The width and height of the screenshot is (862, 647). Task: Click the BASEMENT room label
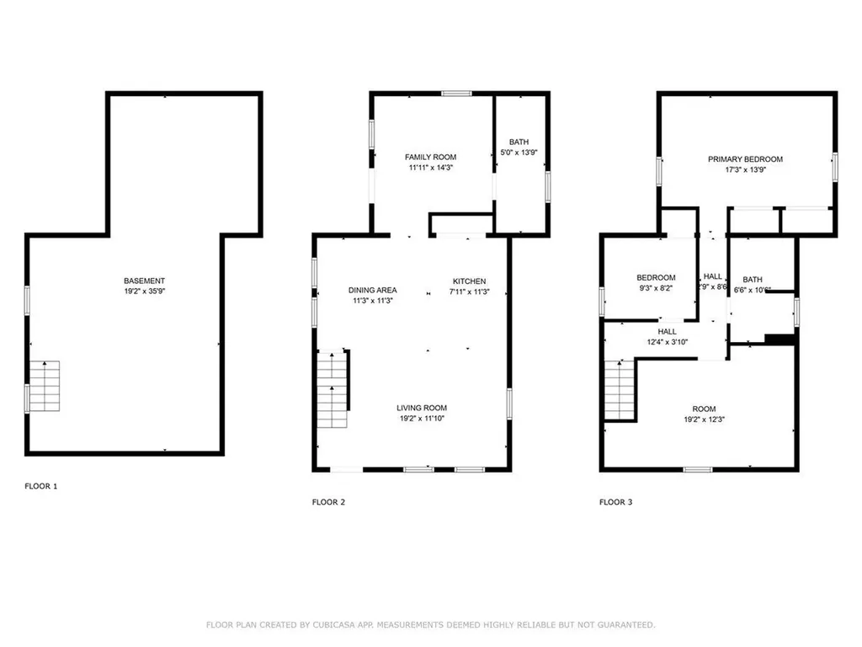pyautogui.click(x=144, y=281)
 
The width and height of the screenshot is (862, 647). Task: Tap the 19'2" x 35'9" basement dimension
pyautogui.click(x=144, y=291)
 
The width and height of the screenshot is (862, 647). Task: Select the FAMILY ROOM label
pyautogui.click(x=430, y=158)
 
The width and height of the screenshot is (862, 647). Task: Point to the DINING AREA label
pyautogui.click(x=372, y=291)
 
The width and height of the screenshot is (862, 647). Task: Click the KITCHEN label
pyautogui.click(x=469, y=281)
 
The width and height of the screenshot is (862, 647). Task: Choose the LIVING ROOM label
pyautogui.click(x=422, y=409)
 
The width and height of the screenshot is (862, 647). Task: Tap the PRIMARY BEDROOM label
pyautogui.click(x=745, y=159)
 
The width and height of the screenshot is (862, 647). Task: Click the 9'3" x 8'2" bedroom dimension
pyautogui.click(x=656, y=288)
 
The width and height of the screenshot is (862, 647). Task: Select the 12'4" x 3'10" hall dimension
pyautogui.click(x=667, y=342)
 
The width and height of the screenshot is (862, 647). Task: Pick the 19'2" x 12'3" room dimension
pyautogui.click(x=704, y=420)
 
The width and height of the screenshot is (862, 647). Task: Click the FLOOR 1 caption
pyautogui.click(x=41, y=486)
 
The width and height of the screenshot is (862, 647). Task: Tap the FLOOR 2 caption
pyautogui.click(x=328, y=502)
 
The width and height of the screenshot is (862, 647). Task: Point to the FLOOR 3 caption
pyautogui.click(x=615, y=502)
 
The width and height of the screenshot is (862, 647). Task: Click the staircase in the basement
pyautogui.click(x=45, y=386)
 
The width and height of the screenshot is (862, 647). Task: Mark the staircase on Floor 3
pyautogui.click(x=619, y=388)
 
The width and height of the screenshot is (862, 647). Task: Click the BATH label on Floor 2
pyautogui.click(x=519, y=142)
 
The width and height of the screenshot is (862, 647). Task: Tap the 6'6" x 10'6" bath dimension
pyautogui.click(x=752, y=290)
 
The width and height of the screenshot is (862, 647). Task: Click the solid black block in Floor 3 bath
pyautogui.click(x=780, y=339)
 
